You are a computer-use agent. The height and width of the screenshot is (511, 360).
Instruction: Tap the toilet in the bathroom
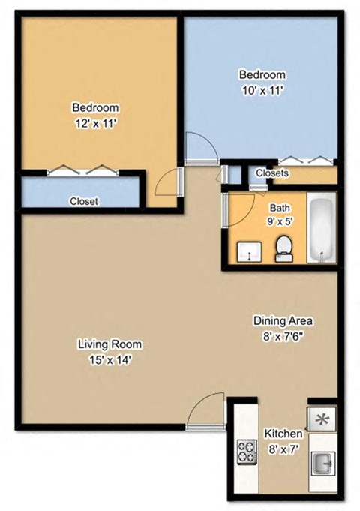[x=284, y=248]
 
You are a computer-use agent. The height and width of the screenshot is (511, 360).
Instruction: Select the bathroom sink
[x=249, y=252]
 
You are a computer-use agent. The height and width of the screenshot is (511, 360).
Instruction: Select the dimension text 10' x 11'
[x=262, y=89]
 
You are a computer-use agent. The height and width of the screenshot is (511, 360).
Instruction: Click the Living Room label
[x=110, y=345]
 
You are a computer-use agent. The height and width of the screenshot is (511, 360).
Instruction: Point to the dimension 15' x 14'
[x=110, y=359]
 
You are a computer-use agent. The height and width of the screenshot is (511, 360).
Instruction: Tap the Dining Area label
[x=282, y=321]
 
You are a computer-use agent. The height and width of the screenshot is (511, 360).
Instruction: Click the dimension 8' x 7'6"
[x=282, y=336]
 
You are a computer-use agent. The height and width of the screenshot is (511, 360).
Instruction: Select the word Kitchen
[x=284, y=434]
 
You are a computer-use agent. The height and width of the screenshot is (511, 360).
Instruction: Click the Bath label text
[x=280, y=208]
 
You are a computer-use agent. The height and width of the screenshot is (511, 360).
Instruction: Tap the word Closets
[x=272, y=173]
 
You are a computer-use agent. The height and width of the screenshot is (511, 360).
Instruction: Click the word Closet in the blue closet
[x=83, y=201]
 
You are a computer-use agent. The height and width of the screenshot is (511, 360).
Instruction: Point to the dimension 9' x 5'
[x=279, y=222]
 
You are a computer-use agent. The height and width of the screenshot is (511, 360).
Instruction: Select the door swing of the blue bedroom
[x=201, y=148]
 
